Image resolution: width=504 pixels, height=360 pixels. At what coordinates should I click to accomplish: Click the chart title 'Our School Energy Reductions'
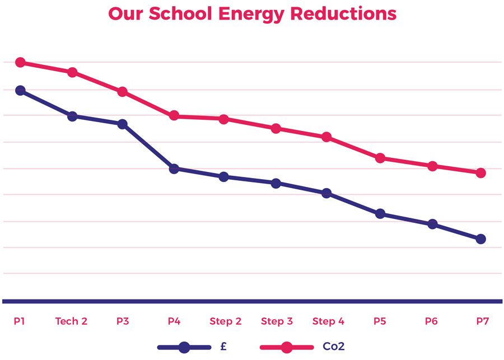252,13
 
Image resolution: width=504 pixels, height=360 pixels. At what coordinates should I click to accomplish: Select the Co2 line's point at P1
20,62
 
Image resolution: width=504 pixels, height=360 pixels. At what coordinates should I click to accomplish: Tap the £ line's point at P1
20,90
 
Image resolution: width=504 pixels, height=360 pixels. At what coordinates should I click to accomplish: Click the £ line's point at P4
174,169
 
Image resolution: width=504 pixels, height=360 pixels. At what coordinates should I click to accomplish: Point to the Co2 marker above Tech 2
72,72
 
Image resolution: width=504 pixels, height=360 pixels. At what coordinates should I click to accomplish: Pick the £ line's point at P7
480,239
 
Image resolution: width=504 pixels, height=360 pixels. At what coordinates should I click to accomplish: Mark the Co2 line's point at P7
480,173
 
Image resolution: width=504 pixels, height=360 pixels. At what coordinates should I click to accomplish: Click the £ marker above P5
380,214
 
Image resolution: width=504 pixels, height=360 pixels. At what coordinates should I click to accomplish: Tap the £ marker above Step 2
224,177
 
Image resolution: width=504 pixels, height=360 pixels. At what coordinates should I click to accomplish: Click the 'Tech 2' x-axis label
71,321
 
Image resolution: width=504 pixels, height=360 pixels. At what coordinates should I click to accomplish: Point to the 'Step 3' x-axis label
277,321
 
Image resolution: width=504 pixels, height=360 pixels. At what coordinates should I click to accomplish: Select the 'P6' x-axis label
431,321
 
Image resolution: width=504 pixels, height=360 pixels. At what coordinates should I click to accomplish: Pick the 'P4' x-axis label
174,321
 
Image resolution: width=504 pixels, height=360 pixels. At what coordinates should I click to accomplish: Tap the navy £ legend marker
184,347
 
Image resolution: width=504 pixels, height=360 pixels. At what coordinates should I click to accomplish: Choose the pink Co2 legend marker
286,347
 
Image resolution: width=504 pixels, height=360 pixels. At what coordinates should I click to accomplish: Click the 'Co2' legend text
333,347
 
